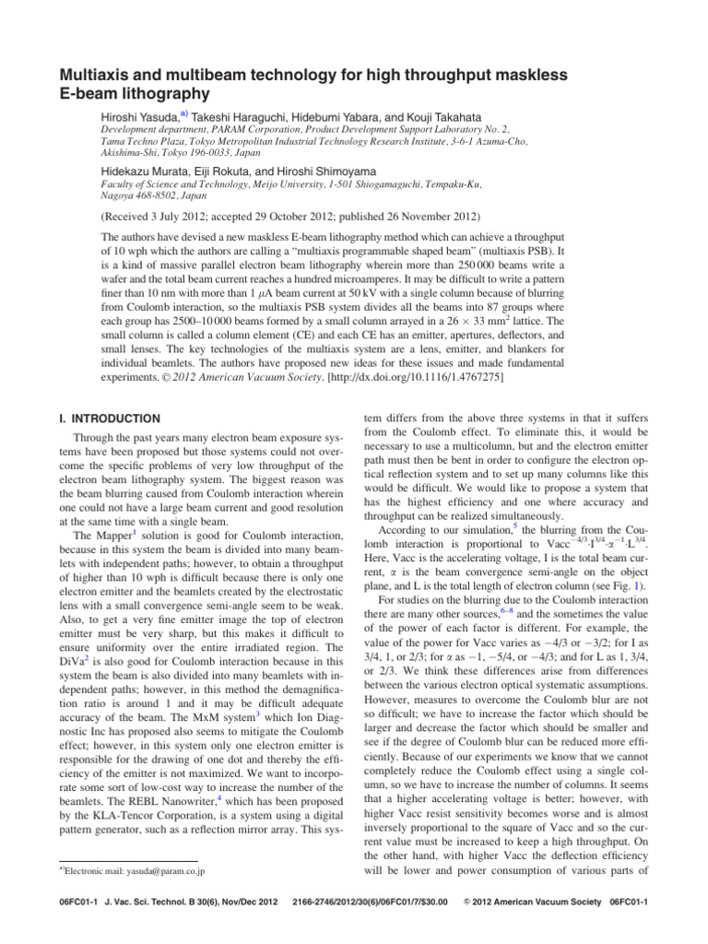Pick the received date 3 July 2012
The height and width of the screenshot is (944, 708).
click(186, 218)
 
